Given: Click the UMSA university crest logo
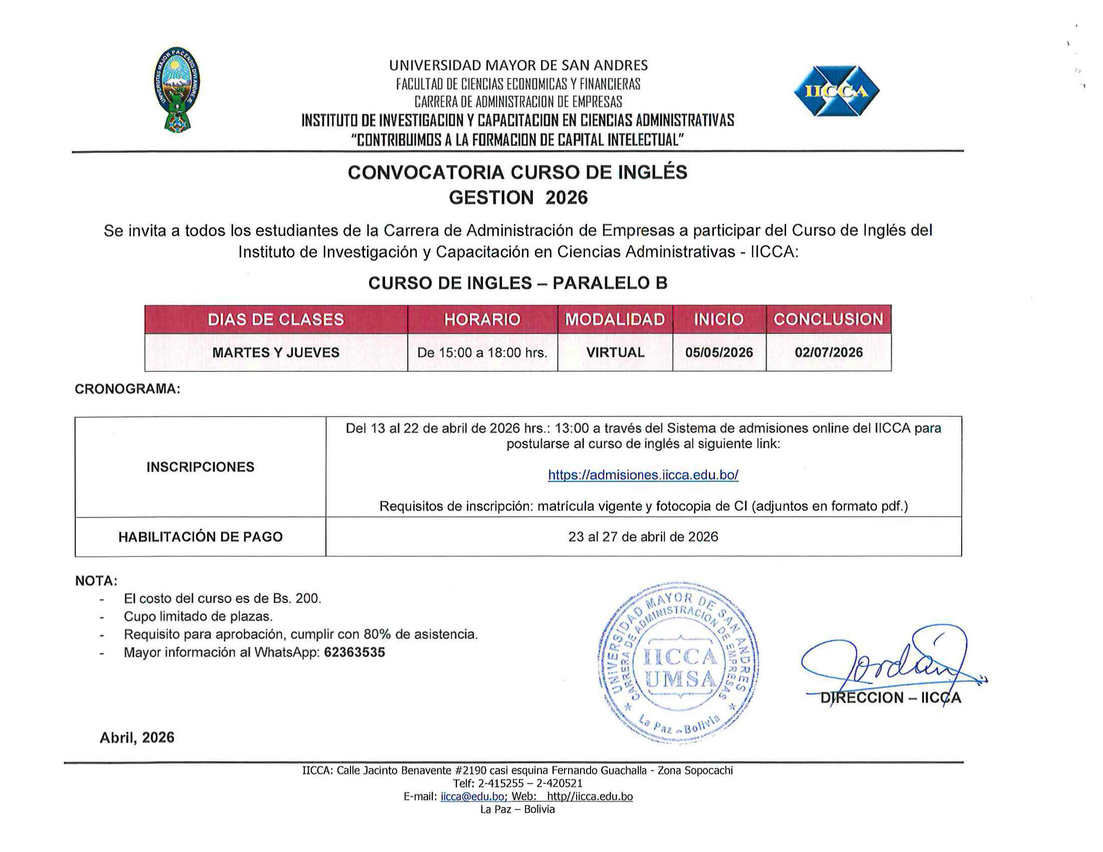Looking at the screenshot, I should (177, 89).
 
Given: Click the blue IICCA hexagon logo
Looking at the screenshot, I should (836, 91).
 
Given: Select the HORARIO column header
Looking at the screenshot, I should (482, 320).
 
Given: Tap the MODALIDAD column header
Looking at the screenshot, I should (615, 320).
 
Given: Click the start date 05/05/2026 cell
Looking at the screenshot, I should (718, 352).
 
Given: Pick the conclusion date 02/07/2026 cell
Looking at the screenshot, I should (828, 352).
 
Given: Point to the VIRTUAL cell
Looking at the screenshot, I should (615, 352).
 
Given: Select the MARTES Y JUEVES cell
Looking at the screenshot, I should (276, 352).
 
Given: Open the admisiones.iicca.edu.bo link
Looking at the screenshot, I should (643, 475).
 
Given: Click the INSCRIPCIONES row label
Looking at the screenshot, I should (201, 467).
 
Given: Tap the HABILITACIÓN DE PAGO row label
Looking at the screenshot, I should (201, 537).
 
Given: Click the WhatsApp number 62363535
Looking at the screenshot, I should (354, 652).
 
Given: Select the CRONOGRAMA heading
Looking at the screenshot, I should (127, 389).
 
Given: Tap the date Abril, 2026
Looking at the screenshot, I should (137, 737).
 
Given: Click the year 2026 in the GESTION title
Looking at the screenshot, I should (566, 197).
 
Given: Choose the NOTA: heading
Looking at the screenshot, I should (96, 581).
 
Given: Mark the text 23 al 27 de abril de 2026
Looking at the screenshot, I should (643, 537).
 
